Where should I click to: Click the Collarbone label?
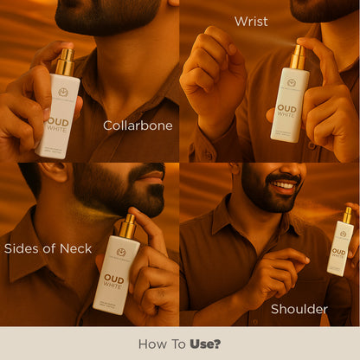pos(138,125)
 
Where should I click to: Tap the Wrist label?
pos(251,21)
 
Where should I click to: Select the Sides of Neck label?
pos(48,248)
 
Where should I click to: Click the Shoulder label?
pos(299,309)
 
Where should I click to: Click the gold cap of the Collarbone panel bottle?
pos(65,61)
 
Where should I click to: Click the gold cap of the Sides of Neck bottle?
pos(125,226)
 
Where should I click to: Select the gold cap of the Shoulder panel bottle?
pos(347,215)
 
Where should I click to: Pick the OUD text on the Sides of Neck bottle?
pos(112,278)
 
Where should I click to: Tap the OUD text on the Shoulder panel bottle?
pos(339,252)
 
